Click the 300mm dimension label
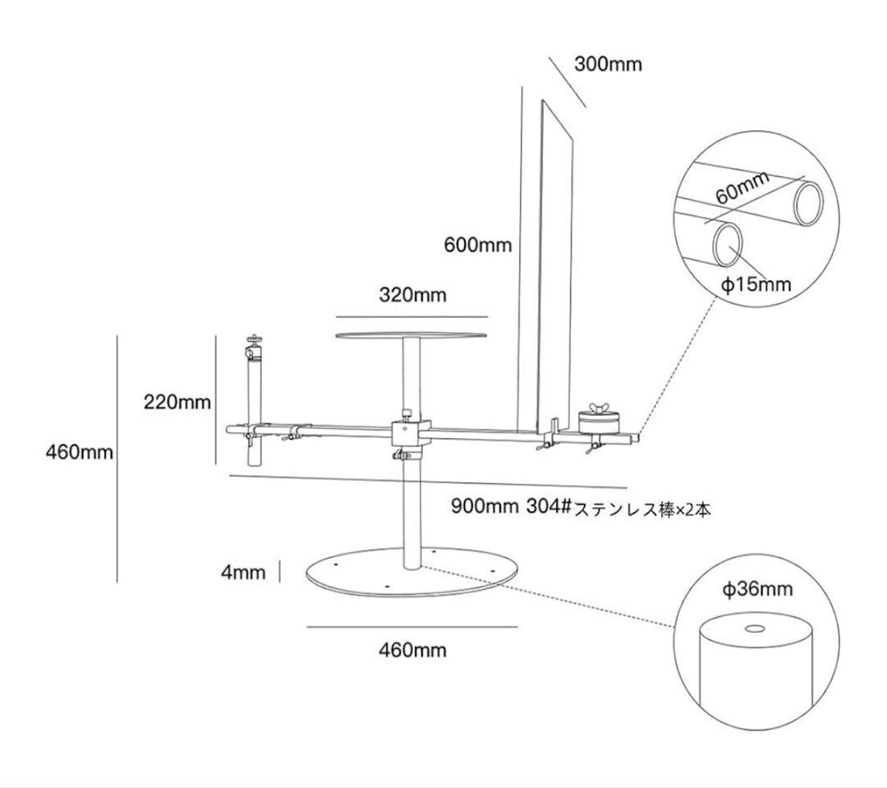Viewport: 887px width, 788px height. pyautogui.click(x=608, y=64)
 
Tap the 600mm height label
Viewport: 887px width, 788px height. pyautogui.click(x=477, y=244)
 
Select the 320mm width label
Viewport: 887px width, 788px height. pyautogui.click(x=412, y=295)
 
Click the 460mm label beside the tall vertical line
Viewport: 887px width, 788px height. pyautogui.click(x=79, y=452)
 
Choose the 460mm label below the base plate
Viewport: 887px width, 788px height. pyautogui.click(x=412, y=650)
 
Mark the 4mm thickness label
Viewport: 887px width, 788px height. pyautogui.click(x=243, y=572)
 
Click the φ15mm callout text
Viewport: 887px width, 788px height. pyautogui.click(x=756, y=284)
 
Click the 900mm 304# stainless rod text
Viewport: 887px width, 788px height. pyautogui.click(x=581, y=508)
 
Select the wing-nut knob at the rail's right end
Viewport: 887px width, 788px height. pyautogui.click(x=597, y=412)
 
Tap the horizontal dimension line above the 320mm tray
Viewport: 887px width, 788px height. pyautogui.click(x=411, y=316)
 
